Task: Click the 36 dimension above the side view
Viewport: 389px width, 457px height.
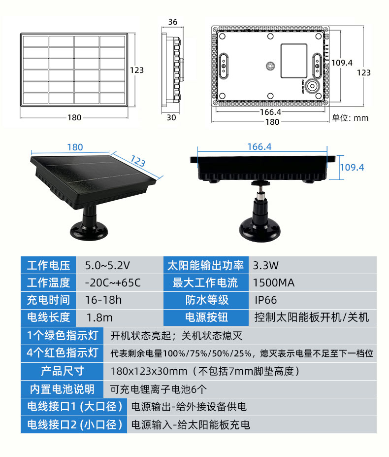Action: [x=172, y=22]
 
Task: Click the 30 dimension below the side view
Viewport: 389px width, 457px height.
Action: [x=171, y=117]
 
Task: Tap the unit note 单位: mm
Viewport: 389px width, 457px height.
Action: [x=350, y=118]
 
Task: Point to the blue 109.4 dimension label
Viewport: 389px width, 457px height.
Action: [x=352, y=168]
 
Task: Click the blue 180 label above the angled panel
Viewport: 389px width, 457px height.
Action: [x=75, y=147]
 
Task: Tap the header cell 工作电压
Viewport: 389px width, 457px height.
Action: [x=49, y=266]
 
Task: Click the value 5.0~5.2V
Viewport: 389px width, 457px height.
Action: [x=107, y=266]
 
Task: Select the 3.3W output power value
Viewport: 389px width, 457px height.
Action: [x=266, y=266]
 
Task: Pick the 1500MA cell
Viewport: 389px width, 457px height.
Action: [x=273, y=283]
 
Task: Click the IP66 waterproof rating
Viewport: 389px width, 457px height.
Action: [x=266, y=300]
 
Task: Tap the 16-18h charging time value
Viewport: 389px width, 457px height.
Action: [x=103, y=300]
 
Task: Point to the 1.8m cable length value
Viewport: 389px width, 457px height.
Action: [x=99, y=317]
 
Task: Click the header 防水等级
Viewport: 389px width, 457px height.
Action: [x=207, y=300]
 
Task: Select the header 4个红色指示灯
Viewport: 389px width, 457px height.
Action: [x=63, y=353]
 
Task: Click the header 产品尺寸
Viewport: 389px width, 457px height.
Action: [x=63, y=371]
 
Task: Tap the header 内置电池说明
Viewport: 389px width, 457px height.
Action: [x=63, y=388]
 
